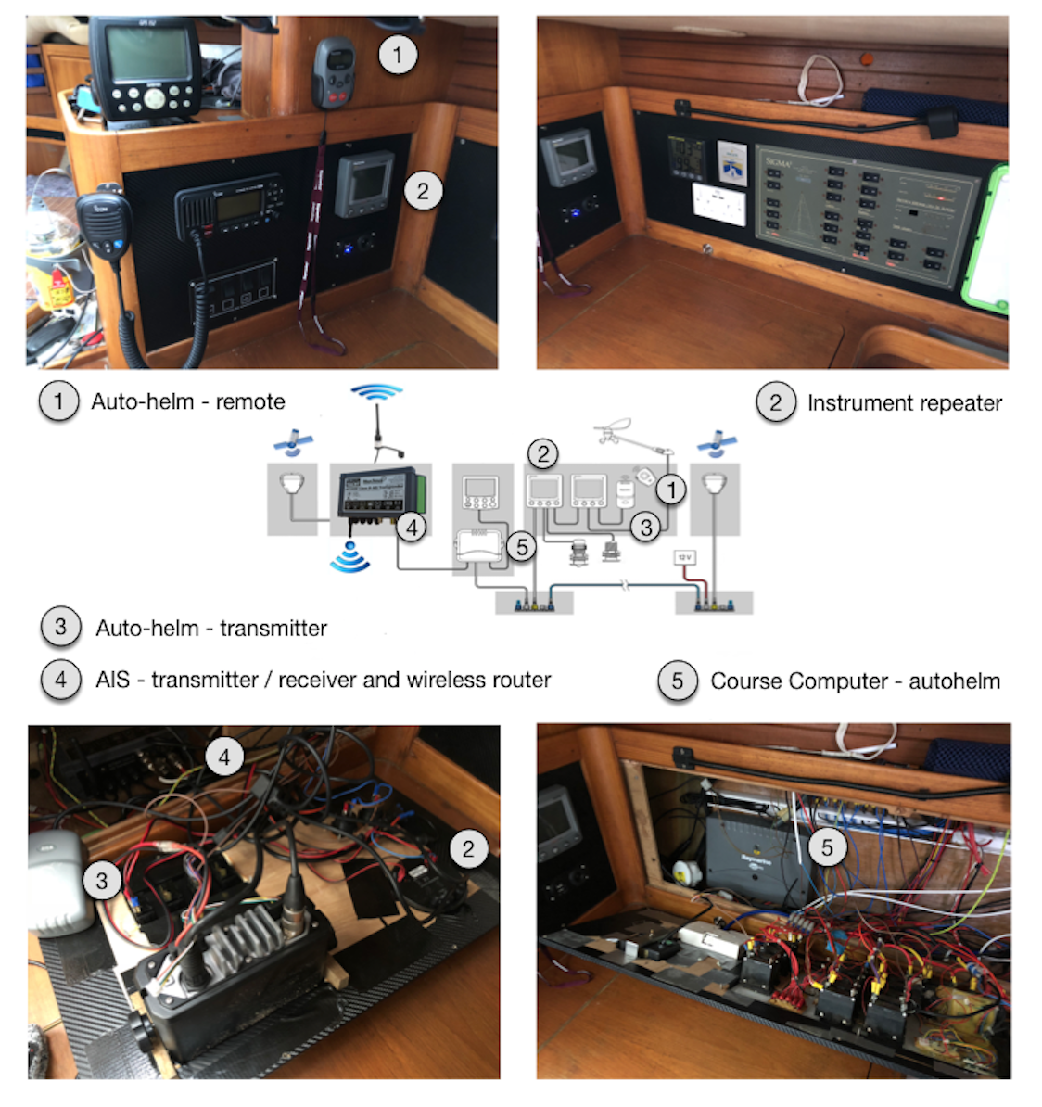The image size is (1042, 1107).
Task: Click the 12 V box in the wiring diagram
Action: point(684,558)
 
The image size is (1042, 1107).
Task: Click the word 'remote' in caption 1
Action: point(250,401)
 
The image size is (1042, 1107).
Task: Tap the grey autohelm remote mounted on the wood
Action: point(333,73)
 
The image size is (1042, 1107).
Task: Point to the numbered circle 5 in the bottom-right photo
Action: point(827,846)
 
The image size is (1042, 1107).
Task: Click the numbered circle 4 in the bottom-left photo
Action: point(223,757)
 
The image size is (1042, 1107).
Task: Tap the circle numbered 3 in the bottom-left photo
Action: point(102,881)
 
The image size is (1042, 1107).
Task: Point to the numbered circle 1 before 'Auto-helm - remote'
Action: point(58,401)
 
